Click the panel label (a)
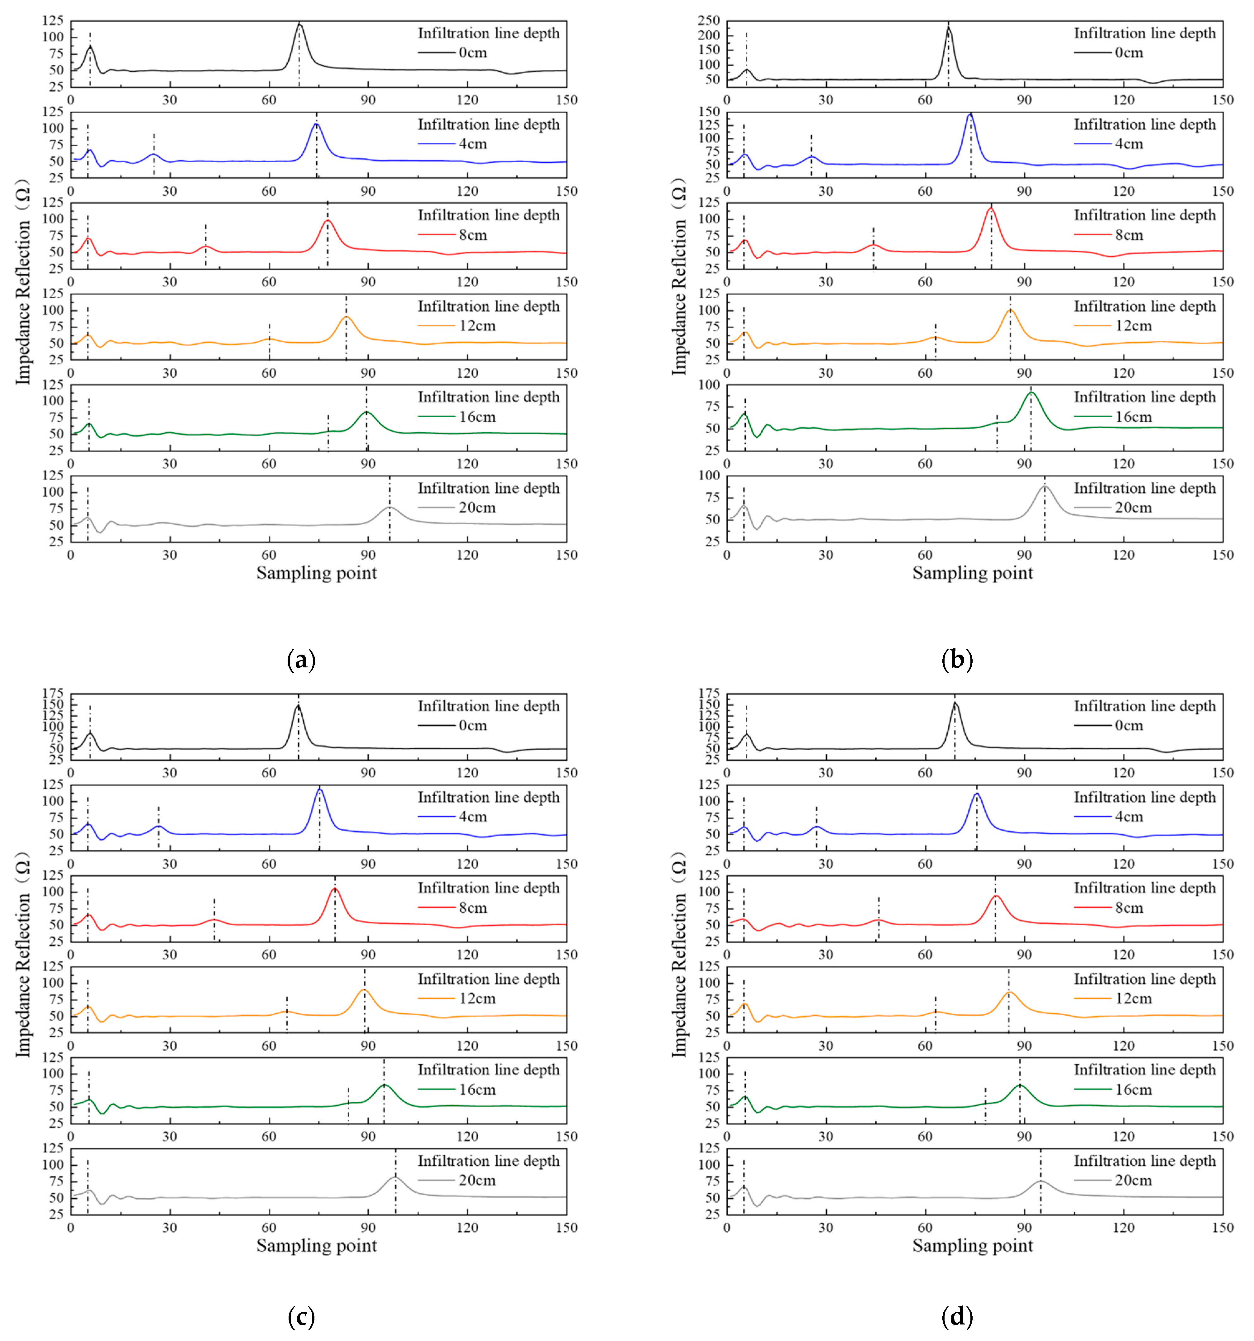[x=301, y=659]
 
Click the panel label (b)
[x=956, y=659]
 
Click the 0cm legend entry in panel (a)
[x=472, y=53]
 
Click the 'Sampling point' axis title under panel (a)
[x=316, y=573]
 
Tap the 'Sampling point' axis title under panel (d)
[x=972, y=1246]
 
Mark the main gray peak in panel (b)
[x=1045, y=486]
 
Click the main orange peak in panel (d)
[x=1009, y=992]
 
